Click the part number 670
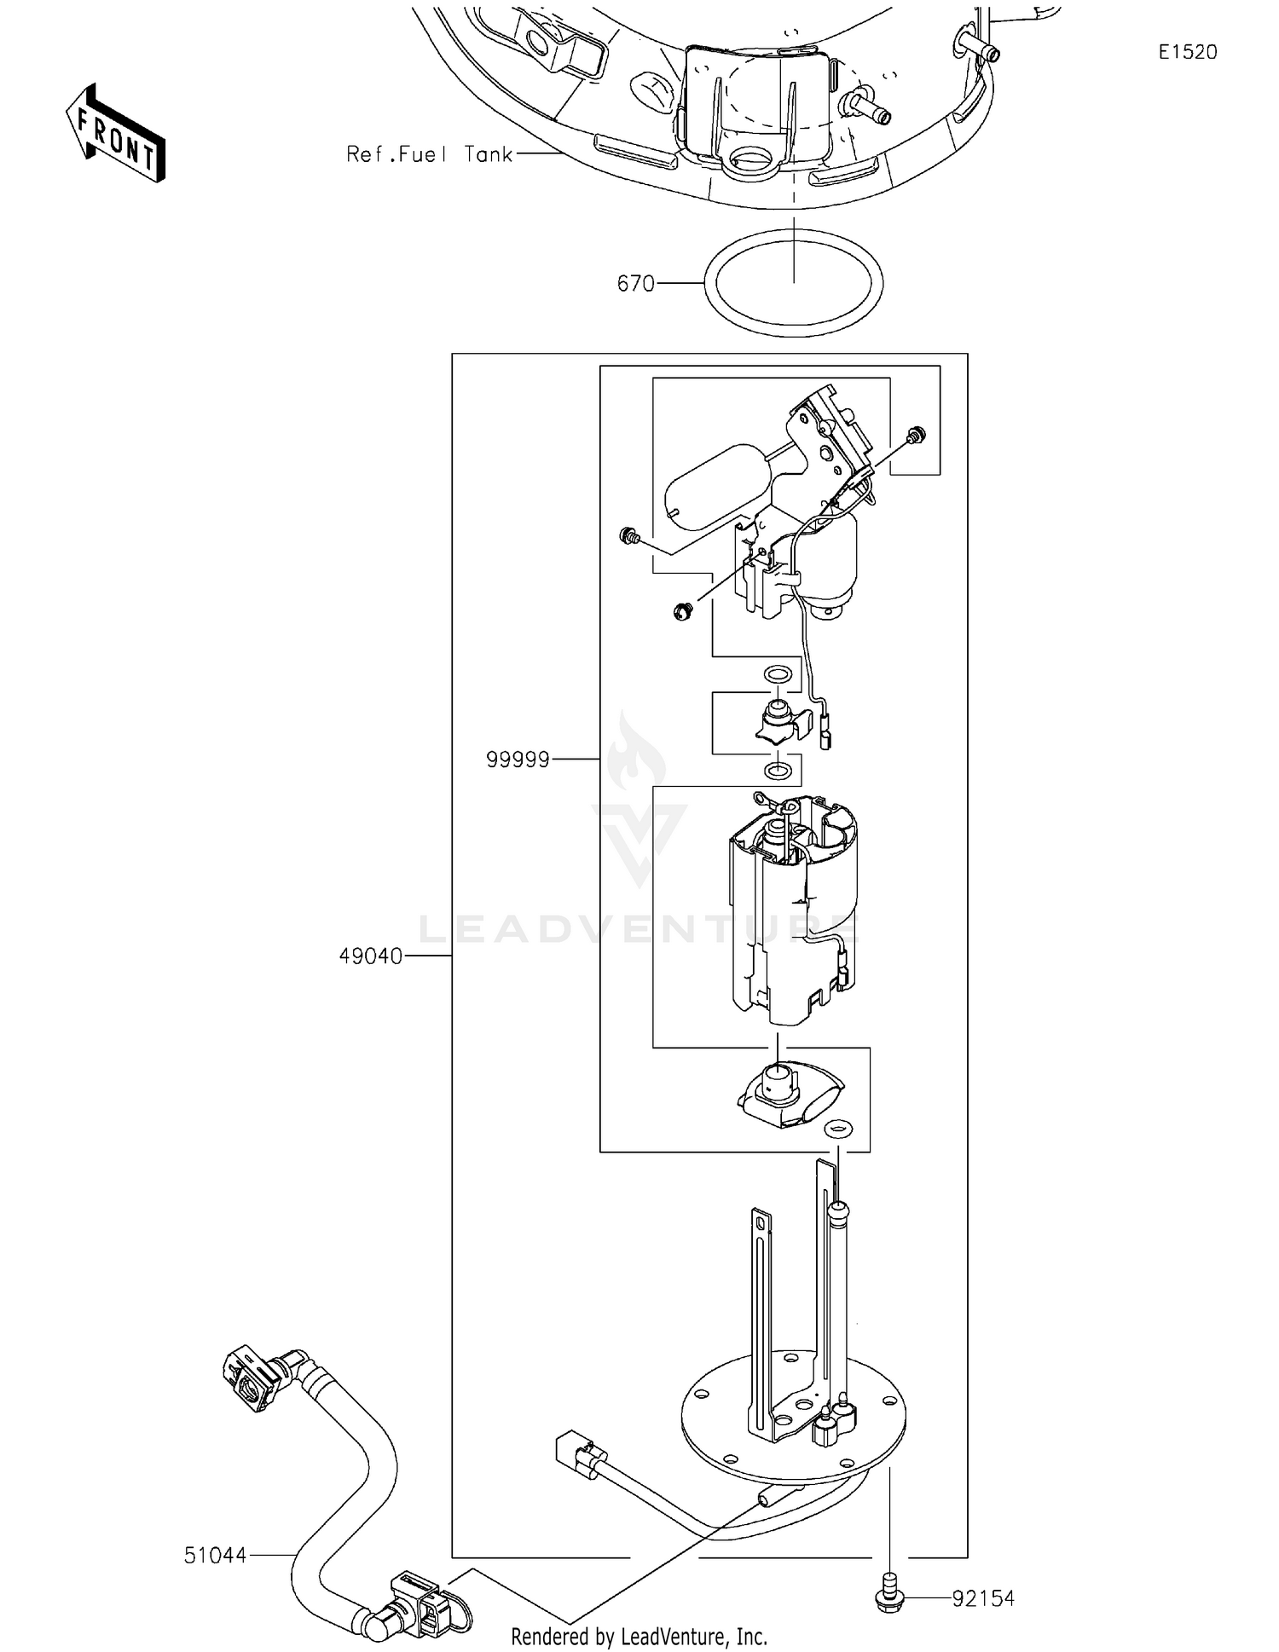[x=635, y=283]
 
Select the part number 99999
[x=518, y=759]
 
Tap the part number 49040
[x=370, y=956]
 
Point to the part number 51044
[x=215, y=1556]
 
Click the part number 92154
[x=983, y=1598]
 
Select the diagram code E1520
[x=1187, y=52]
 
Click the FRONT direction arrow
[x=115, y=135]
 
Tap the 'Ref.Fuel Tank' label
[x=429, y=154]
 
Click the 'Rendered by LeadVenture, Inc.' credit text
[x=639, y=1636]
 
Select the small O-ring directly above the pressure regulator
[x=776, y=674]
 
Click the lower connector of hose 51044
[x=418, y=1604]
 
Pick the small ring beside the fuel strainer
[x=837, y=1129]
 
